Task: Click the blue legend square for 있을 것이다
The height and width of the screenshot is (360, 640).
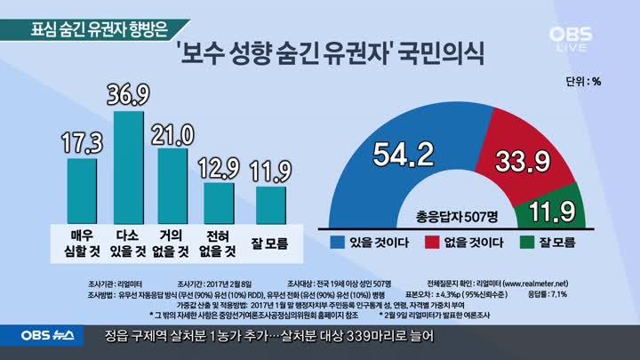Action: (338, 242)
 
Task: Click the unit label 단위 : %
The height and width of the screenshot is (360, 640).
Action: (583, 82)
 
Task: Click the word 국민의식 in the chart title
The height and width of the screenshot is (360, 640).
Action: (441, 55)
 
